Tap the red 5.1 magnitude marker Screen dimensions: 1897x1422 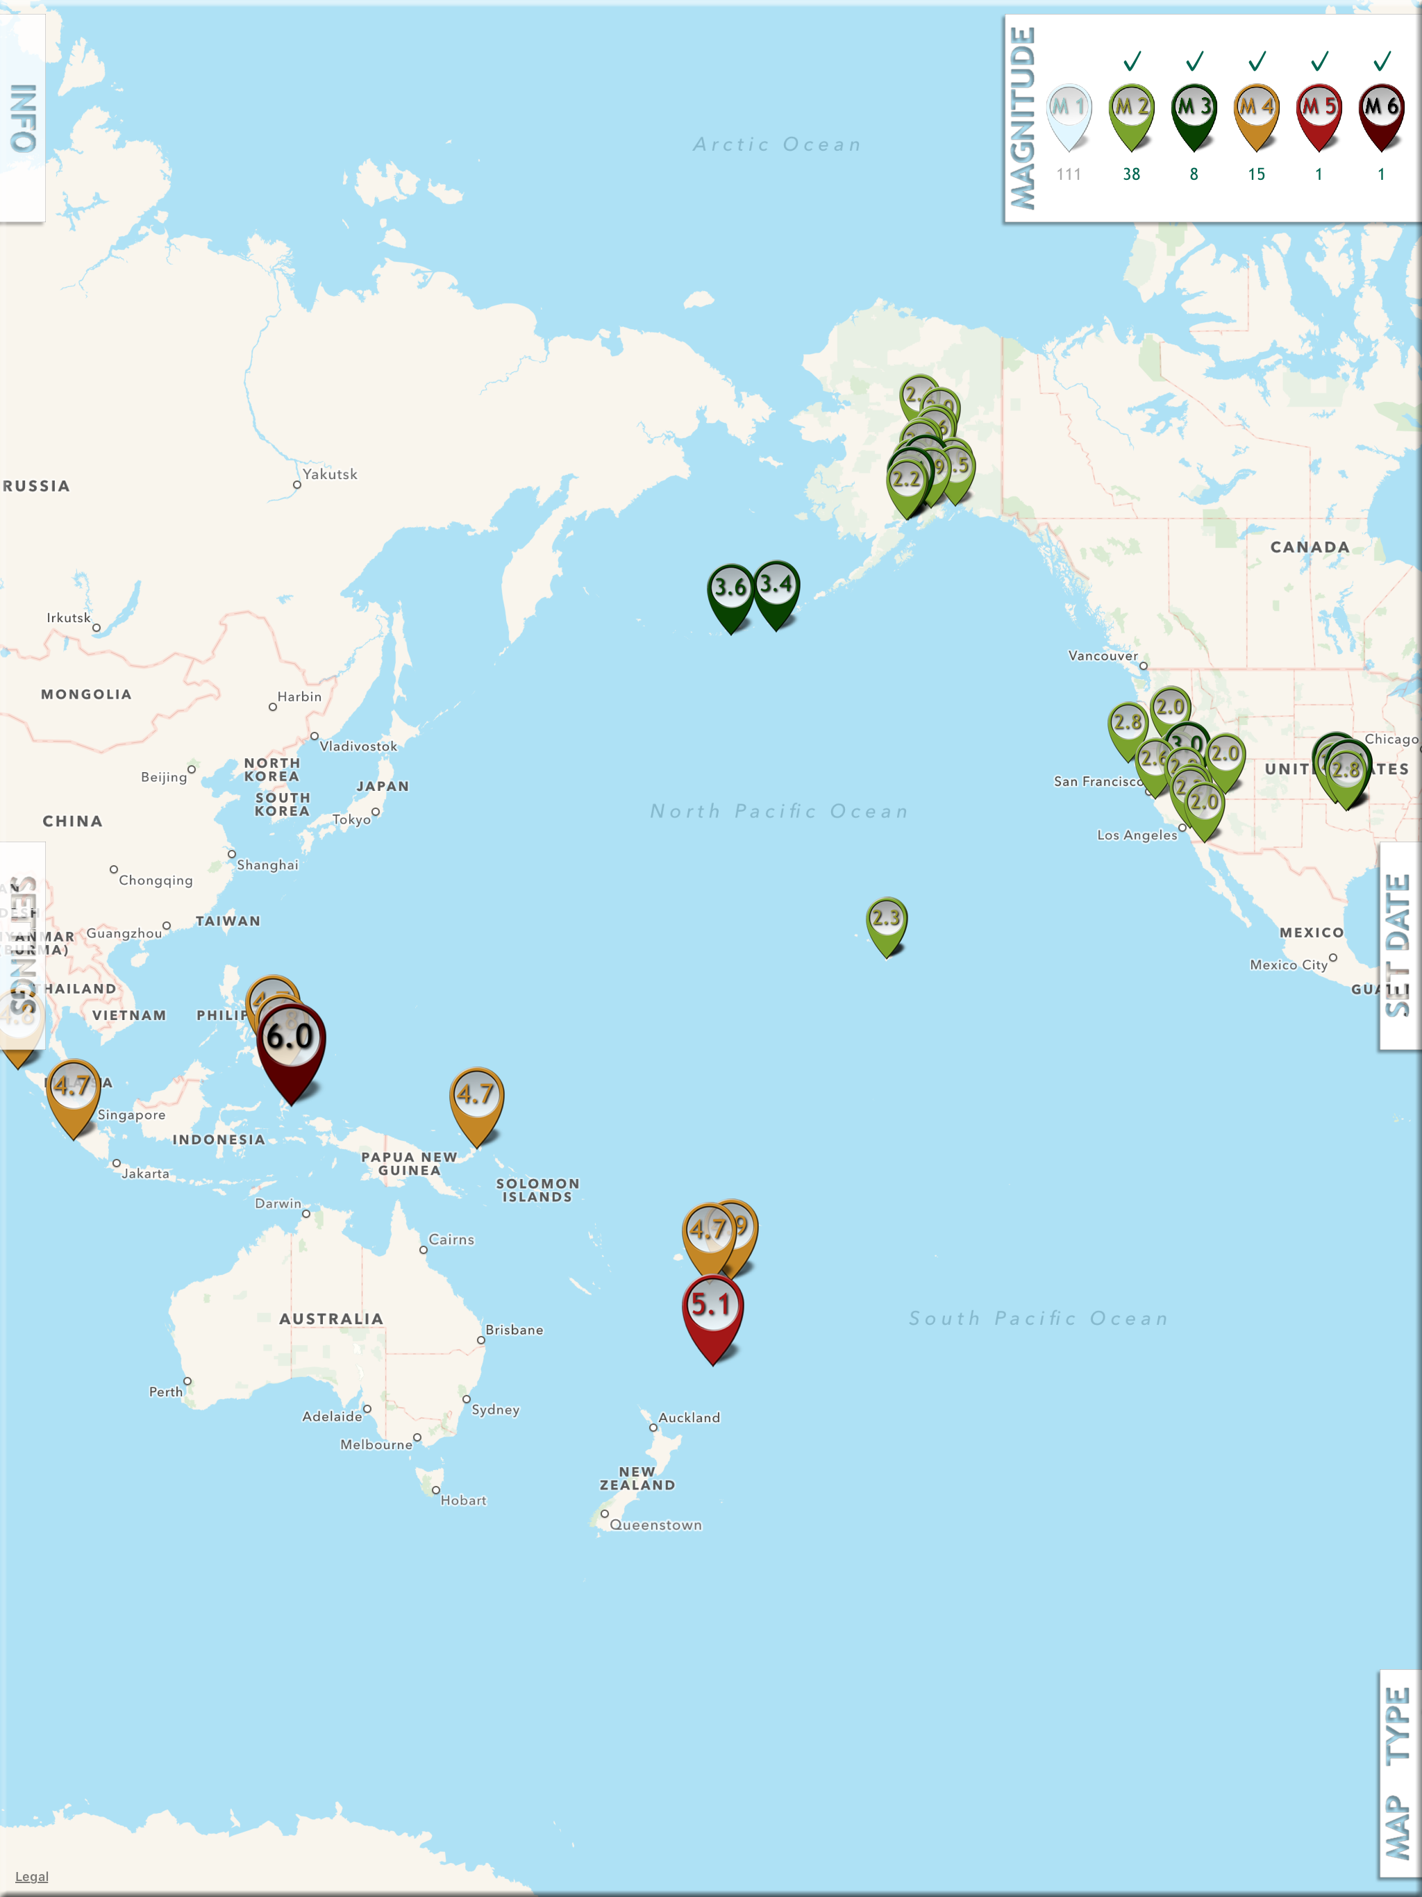pos(712,1307)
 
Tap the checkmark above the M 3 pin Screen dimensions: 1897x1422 pos(1194,61)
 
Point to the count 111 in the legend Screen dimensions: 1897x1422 pos(1069,174)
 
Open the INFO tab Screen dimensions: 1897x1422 pos(23,117)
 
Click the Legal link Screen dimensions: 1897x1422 pos(32,1876)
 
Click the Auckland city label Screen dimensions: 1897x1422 pos(689,1418)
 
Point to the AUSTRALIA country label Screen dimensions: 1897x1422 pos(331,1319)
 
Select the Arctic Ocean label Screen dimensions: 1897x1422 pos(777,145)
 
